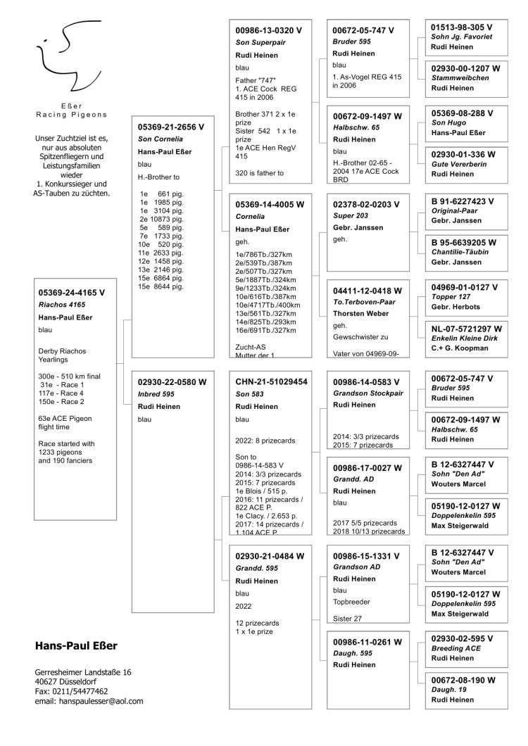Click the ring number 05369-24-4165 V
72,291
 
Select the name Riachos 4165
62,305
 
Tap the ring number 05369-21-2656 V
172,127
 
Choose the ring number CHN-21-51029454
272,381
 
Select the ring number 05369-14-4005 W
270,205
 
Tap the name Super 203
350,217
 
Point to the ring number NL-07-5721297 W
467,328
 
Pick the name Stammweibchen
460,78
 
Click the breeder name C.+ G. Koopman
462,348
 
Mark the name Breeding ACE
455,648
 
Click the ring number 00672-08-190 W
464,680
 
